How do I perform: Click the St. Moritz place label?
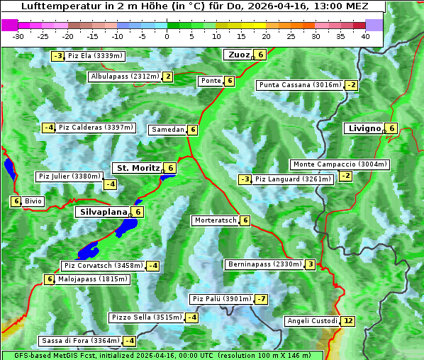point(138,168)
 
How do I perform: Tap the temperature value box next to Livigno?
point(392,128)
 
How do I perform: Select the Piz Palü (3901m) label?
point(221,299)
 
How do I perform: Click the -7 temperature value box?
point(262,299)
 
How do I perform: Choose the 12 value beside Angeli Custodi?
point(347,321)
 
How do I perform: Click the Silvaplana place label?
point(103,211)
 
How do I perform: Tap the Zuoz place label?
point(236,55)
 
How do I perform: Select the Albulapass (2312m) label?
point(124,77)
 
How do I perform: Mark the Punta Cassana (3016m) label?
point(299,85)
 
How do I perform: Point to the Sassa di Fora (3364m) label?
point(77,341)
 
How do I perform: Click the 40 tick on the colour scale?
point(365,36)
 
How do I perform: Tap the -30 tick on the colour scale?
point(18,36)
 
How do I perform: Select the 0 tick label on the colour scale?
point(167,36)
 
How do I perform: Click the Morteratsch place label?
point(215,220)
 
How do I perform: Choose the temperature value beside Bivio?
point(16,201)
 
